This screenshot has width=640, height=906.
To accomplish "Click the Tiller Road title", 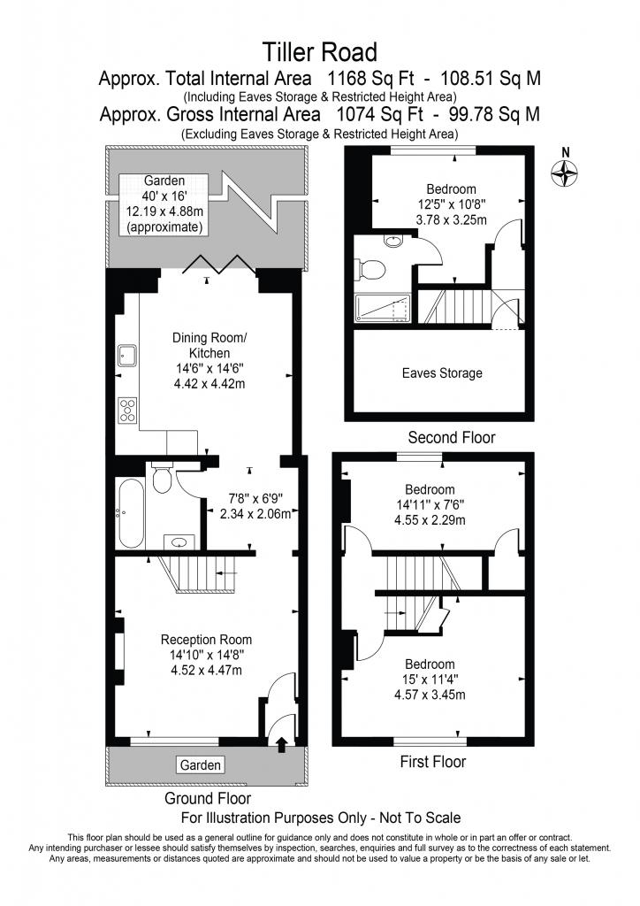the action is coord(320,52).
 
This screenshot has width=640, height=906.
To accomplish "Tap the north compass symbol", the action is coord(565,173).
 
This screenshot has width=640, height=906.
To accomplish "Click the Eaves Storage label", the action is coord(442,373).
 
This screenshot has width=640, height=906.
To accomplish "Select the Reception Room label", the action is coord(206,640).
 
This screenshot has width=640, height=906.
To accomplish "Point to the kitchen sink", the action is coord(127,356).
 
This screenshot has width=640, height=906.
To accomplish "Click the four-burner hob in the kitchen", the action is coord(127,411).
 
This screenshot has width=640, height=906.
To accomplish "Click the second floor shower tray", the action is coord(382,308).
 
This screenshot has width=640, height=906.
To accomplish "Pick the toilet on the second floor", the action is coord(370,270).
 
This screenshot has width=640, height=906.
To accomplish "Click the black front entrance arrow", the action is coord(282,744).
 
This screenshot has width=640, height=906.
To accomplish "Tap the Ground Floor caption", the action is coord(208,799).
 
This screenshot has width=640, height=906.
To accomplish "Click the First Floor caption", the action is coord(433,762).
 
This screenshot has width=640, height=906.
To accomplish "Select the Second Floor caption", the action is coord(452,437).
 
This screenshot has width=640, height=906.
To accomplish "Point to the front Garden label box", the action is coord(201,765).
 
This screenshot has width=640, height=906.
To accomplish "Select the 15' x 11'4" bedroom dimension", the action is coord(430,679).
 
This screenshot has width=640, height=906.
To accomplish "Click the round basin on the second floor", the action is coord(393,241).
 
